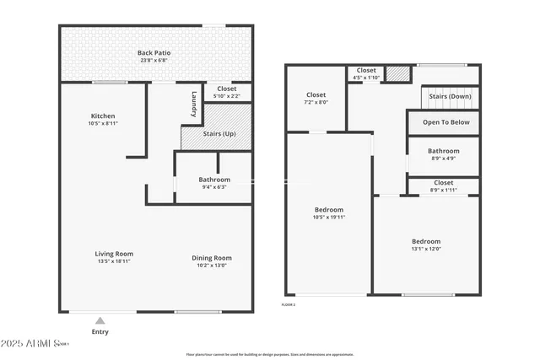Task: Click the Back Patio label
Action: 154,53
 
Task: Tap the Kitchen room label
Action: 103,116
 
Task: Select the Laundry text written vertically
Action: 194,104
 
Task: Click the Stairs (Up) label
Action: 219,134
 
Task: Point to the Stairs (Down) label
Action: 450,97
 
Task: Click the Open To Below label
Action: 445,122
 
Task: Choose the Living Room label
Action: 113,254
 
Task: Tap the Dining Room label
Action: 212,258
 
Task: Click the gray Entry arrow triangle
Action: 100,320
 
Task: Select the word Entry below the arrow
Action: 100,331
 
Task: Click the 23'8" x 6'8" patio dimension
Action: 154,61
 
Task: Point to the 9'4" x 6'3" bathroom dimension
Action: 214,186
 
